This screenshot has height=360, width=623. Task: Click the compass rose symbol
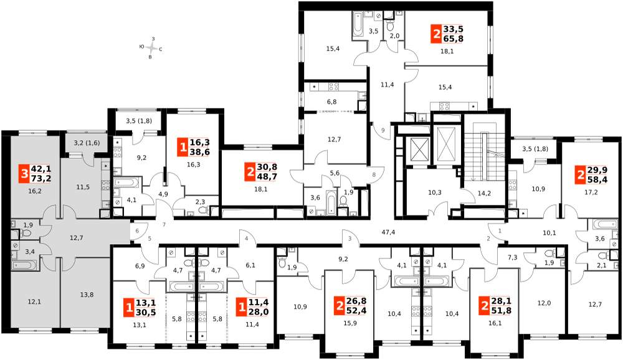(151, 49)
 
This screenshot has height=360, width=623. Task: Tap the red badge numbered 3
(25, 174)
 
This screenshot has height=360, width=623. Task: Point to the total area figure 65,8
(454, 39)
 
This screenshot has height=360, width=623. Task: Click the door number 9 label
(383, 130)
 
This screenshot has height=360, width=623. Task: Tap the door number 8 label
(373, 174)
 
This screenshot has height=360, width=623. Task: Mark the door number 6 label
(137, 231)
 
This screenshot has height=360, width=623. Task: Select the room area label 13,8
(87, 295)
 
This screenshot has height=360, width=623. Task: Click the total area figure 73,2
(41, 178)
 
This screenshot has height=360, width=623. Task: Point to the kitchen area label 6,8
(332, 102)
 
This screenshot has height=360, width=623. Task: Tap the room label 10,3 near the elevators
(435, 192)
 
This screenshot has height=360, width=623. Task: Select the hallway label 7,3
(513, 257)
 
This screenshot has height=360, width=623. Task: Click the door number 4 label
(246, 239)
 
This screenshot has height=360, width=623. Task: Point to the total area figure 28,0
(259, 312)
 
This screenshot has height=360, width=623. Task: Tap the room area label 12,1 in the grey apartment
(34, 301)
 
